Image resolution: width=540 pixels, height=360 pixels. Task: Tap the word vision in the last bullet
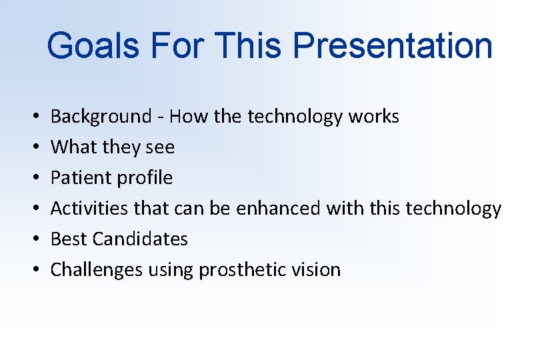coord(316,270)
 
